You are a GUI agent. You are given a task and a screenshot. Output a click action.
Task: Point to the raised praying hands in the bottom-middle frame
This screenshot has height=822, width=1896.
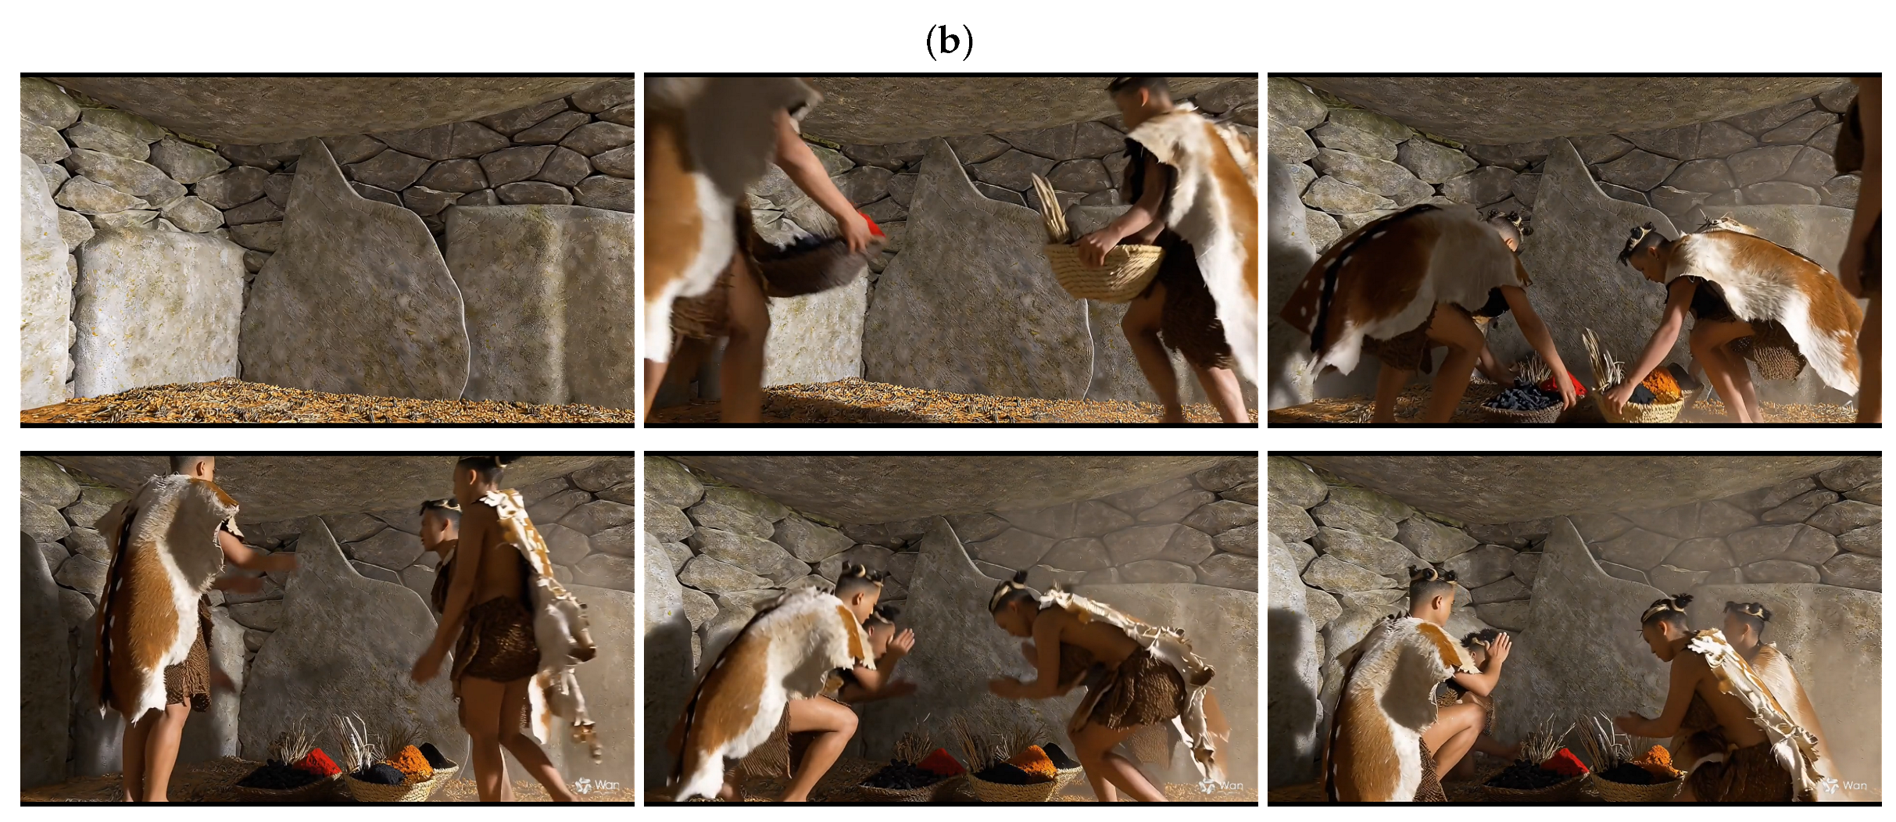[x=900, y=642]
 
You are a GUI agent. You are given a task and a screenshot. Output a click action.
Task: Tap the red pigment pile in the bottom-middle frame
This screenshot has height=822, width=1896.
[x=939, y=759]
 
